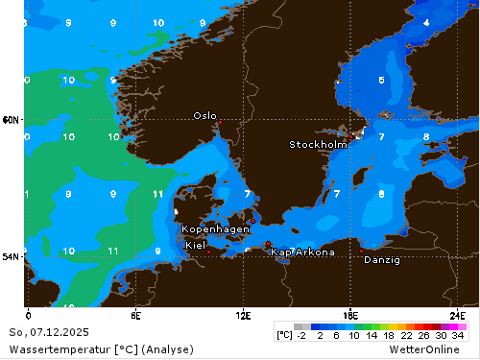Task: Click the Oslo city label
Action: click(x=204, y=115)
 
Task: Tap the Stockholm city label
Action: click(x=318, y=145)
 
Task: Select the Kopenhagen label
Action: click(x=216, y=229)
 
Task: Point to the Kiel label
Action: click(x=195, y=245)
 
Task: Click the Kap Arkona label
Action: click(x=303, y=252)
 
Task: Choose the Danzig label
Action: click(x=382, y=259)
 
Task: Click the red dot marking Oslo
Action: click(x=220, y=123)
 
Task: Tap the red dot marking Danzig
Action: click(x=362, y=251)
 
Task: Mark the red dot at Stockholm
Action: click(x=357, y=136)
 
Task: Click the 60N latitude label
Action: click(x=11, y=120)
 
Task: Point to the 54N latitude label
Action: click(x=11, y=257)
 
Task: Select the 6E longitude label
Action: click(x=136, y=315)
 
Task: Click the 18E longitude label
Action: click(x=350, y=315)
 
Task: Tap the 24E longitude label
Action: click(x=458, y=315)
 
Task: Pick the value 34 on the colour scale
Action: click(x=458, y=335)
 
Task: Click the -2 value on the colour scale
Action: click(x=300, y=335)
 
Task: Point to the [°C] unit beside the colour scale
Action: click(x=284, y=335)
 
